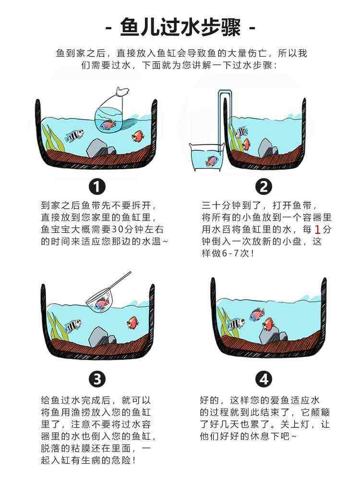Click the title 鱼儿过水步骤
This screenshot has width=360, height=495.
180,27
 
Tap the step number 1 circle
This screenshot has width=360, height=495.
97,186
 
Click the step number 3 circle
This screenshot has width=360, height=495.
97,379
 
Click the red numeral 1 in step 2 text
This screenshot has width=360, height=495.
317,229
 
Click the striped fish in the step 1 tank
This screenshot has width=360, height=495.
74,135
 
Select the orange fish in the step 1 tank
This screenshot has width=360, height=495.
138,136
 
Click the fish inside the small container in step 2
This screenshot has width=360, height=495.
212,161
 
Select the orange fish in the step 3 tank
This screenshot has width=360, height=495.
132,323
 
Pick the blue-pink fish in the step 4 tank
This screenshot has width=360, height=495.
257,314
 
